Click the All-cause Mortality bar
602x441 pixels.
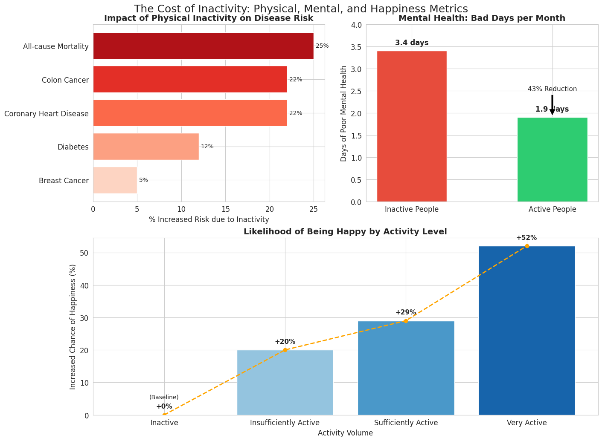click(x=203, y=46)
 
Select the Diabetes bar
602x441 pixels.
click(x=146, y=147)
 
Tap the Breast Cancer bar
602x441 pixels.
click(x=115, y=180)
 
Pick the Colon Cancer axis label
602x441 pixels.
click(x=65, y=80)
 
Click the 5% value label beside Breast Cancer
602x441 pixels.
click(x=143, y=180)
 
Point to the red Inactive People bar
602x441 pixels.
click(x=412, y=126)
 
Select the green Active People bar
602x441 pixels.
click(x=552, y=159)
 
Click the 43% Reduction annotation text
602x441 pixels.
click(x=552, y=89)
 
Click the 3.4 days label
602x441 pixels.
click(x=412, y=43)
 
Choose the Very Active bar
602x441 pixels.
click(x=526, y=330)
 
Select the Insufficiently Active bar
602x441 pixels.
click(x=285, y=382)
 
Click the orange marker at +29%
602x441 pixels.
click(x=406, y=321)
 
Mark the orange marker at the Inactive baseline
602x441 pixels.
click(x=164, y=415)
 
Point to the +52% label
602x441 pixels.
click(x=526, y=238)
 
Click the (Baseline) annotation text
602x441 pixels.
click(x=164, y=398)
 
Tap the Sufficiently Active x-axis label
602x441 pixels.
click(x=406, y=423)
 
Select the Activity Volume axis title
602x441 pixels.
click(x=345, y=433)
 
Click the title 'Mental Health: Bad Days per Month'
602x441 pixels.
click(x=482, y=18)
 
